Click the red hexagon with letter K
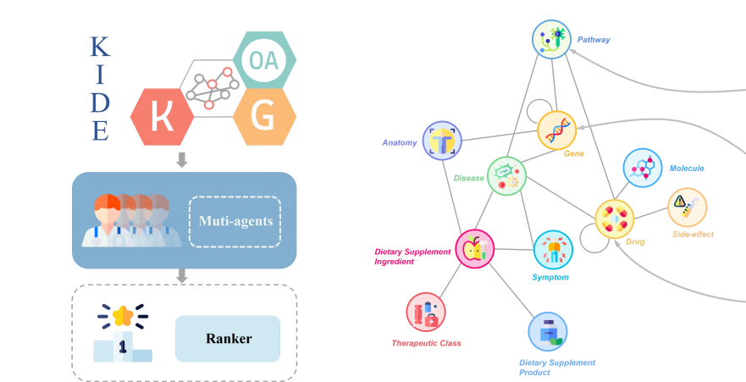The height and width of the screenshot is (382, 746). [x=163, y=117]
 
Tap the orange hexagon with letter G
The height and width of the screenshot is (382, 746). [x=264, y=117]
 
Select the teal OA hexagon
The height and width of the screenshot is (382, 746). [x=264, y=60]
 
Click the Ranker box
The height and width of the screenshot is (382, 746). [x=228, y=339]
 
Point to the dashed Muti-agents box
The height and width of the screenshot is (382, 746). [x=235, y=222]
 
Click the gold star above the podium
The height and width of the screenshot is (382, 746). [x=123, y=315]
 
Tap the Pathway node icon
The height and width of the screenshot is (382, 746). [x=551, y=39]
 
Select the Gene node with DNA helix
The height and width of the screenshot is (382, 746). [x=556, y=130]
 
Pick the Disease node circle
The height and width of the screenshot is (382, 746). [x=506, y=176]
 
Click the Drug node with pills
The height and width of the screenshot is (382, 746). [x=615, y=219]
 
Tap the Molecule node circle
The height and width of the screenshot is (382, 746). [x=643, y=168]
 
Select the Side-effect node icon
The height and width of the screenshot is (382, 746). [x=687, y=207]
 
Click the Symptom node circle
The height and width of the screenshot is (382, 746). [x=553, y=250]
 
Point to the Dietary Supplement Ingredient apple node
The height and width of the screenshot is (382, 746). [x=475, y=249]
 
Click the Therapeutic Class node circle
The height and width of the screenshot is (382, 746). [x=426, y=312]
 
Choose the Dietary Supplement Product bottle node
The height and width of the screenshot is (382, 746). [x=548, y=331]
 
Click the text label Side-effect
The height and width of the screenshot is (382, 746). [x=693, y=234]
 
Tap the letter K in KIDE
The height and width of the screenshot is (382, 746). [x=101, y=47]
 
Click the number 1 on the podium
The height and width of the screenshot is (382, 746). [x=122, y=346]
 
